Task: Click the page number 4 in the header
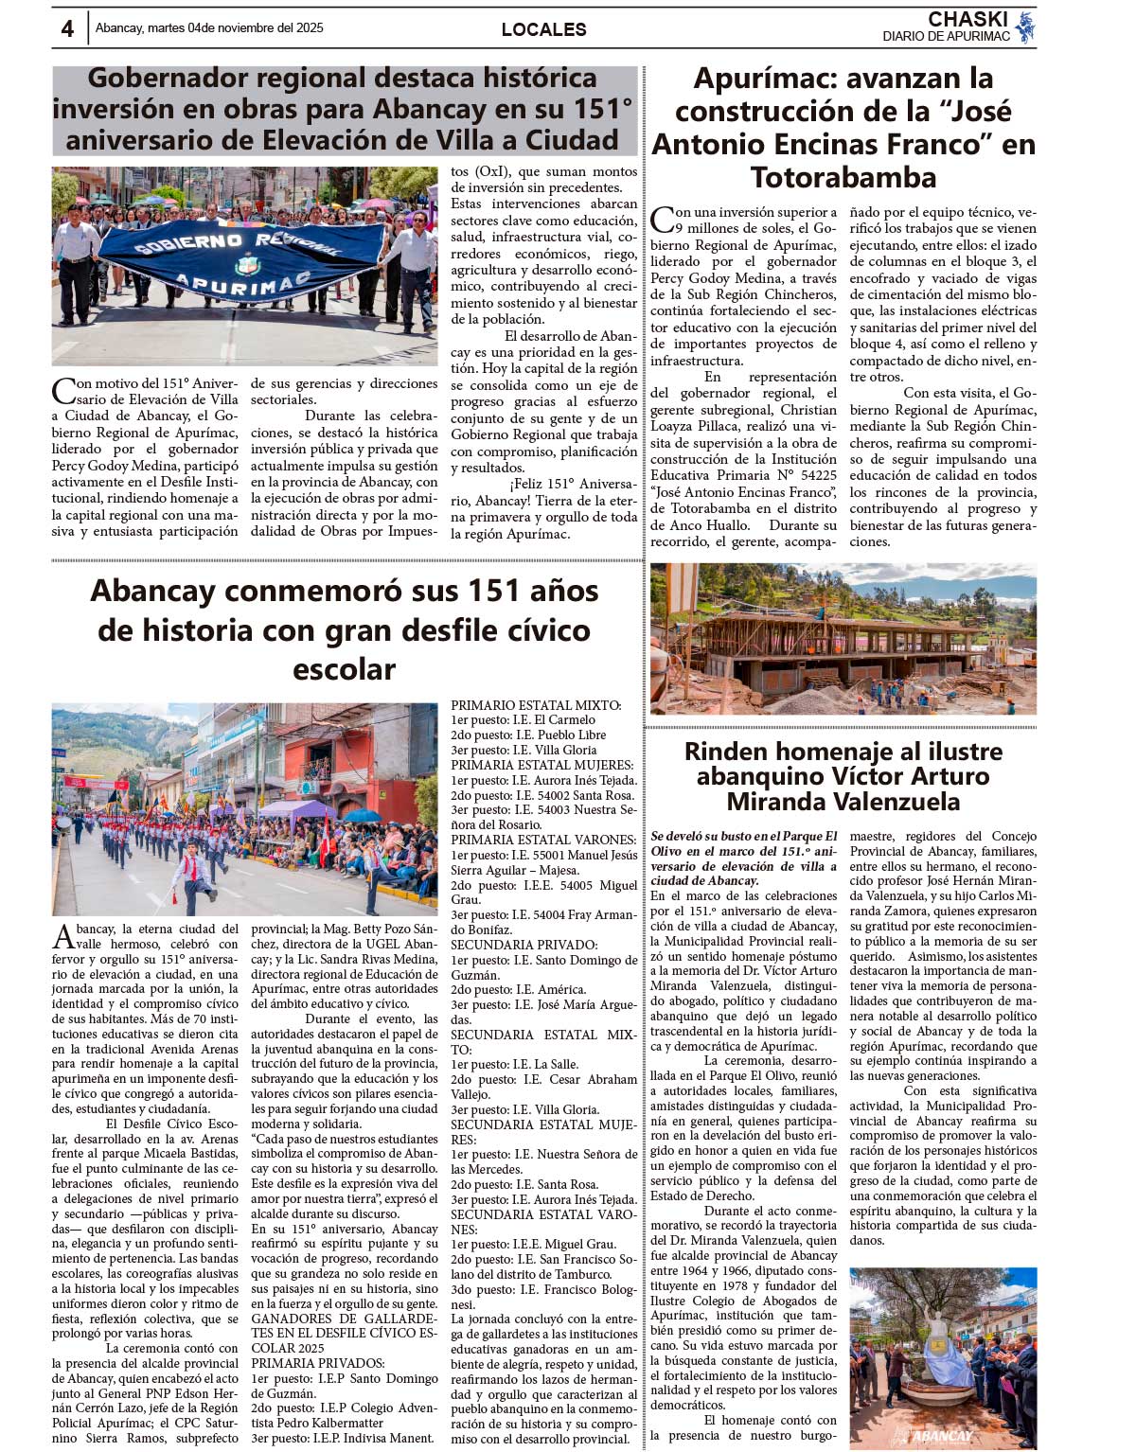(x=67, y=28)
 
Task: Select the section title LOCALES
(x=543, y=29)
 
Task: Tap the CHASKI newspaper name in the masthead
(x=967, y=19)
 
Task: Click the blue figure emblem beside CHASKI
(x=1024, y=27)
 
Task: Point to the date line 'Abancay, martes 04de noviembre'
(x=209, y=27)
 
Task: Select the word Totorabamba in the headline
(x=843, y=177)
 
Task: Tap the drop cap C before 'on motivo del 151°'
(x=62, y=390)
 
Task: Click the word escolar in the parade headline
(x=344, y=669)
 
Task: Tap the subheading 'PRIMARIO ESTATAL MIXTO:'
(x=535, y=705)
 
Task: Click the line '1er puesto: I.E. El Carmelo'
(x=524, y=720)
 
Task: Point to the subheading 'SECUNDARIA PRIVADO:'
(x=524, y=945)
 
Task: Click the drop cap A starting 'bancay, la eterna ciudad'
(x=62, y=936)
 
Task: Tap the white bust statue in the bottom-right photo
(x=937, y=1344)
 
